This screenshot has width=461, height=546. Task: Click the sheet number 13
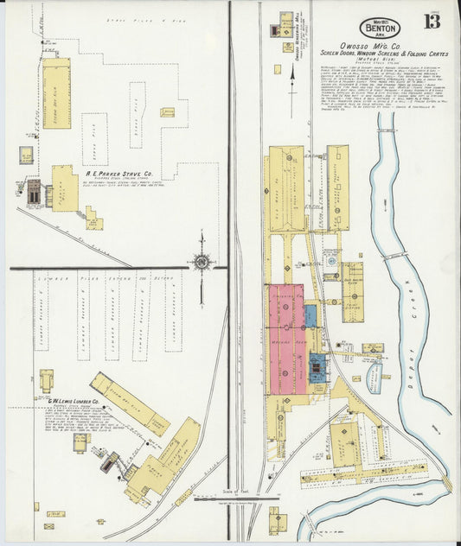tap(431, 18)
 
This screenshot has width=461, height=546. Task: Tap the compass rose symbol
tap(202, 260)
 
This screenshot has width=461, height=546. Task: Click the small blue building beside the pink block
tap(309, 315)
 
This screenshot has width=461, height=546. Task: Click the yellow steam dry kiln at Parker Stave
tap(56, 93)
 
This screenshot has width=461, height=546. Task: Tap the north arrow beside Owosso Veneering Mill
tap(291, 82)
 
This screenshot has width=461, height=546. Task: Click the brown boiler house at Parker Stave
tap(33, 192)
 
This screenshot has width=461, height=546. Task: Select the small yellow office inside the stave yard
tap(167, 112)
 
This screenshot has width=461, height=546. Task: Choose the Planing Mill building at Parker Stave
tap(64, 187)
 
